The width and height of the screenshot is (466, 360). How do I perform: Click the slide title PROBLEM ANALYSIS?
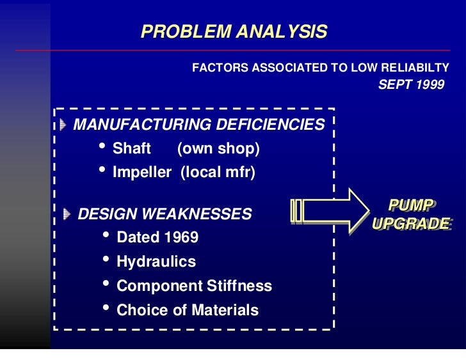(234, 32)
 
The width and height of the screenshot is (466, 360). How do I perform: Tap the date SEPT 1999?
(411, 84)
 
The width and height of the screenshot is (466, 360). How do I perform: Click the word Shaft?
(131, 149)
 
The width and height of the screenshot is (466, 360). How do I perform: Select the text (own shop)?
(218, 149)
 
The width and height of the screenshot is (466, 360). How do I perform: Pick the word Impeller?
(141, 173)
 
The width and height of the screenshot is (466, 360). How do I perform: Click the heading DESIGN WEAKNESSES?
(165, 214)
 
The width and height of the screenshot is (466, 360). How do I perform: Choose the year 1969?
(181, 238)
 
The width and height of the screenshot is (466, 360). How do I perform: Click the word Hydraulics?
(156, 262)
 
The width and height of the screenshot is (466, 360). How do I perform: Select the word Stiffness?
(239, 286)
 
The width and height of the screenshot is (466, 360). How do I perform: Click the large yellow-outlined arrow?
(330, 210)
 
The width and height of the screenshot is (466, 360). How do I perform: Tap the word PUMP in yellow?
(411, 206)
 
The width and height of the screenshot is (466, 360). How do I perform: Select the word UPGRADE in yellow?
(411, 224)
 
